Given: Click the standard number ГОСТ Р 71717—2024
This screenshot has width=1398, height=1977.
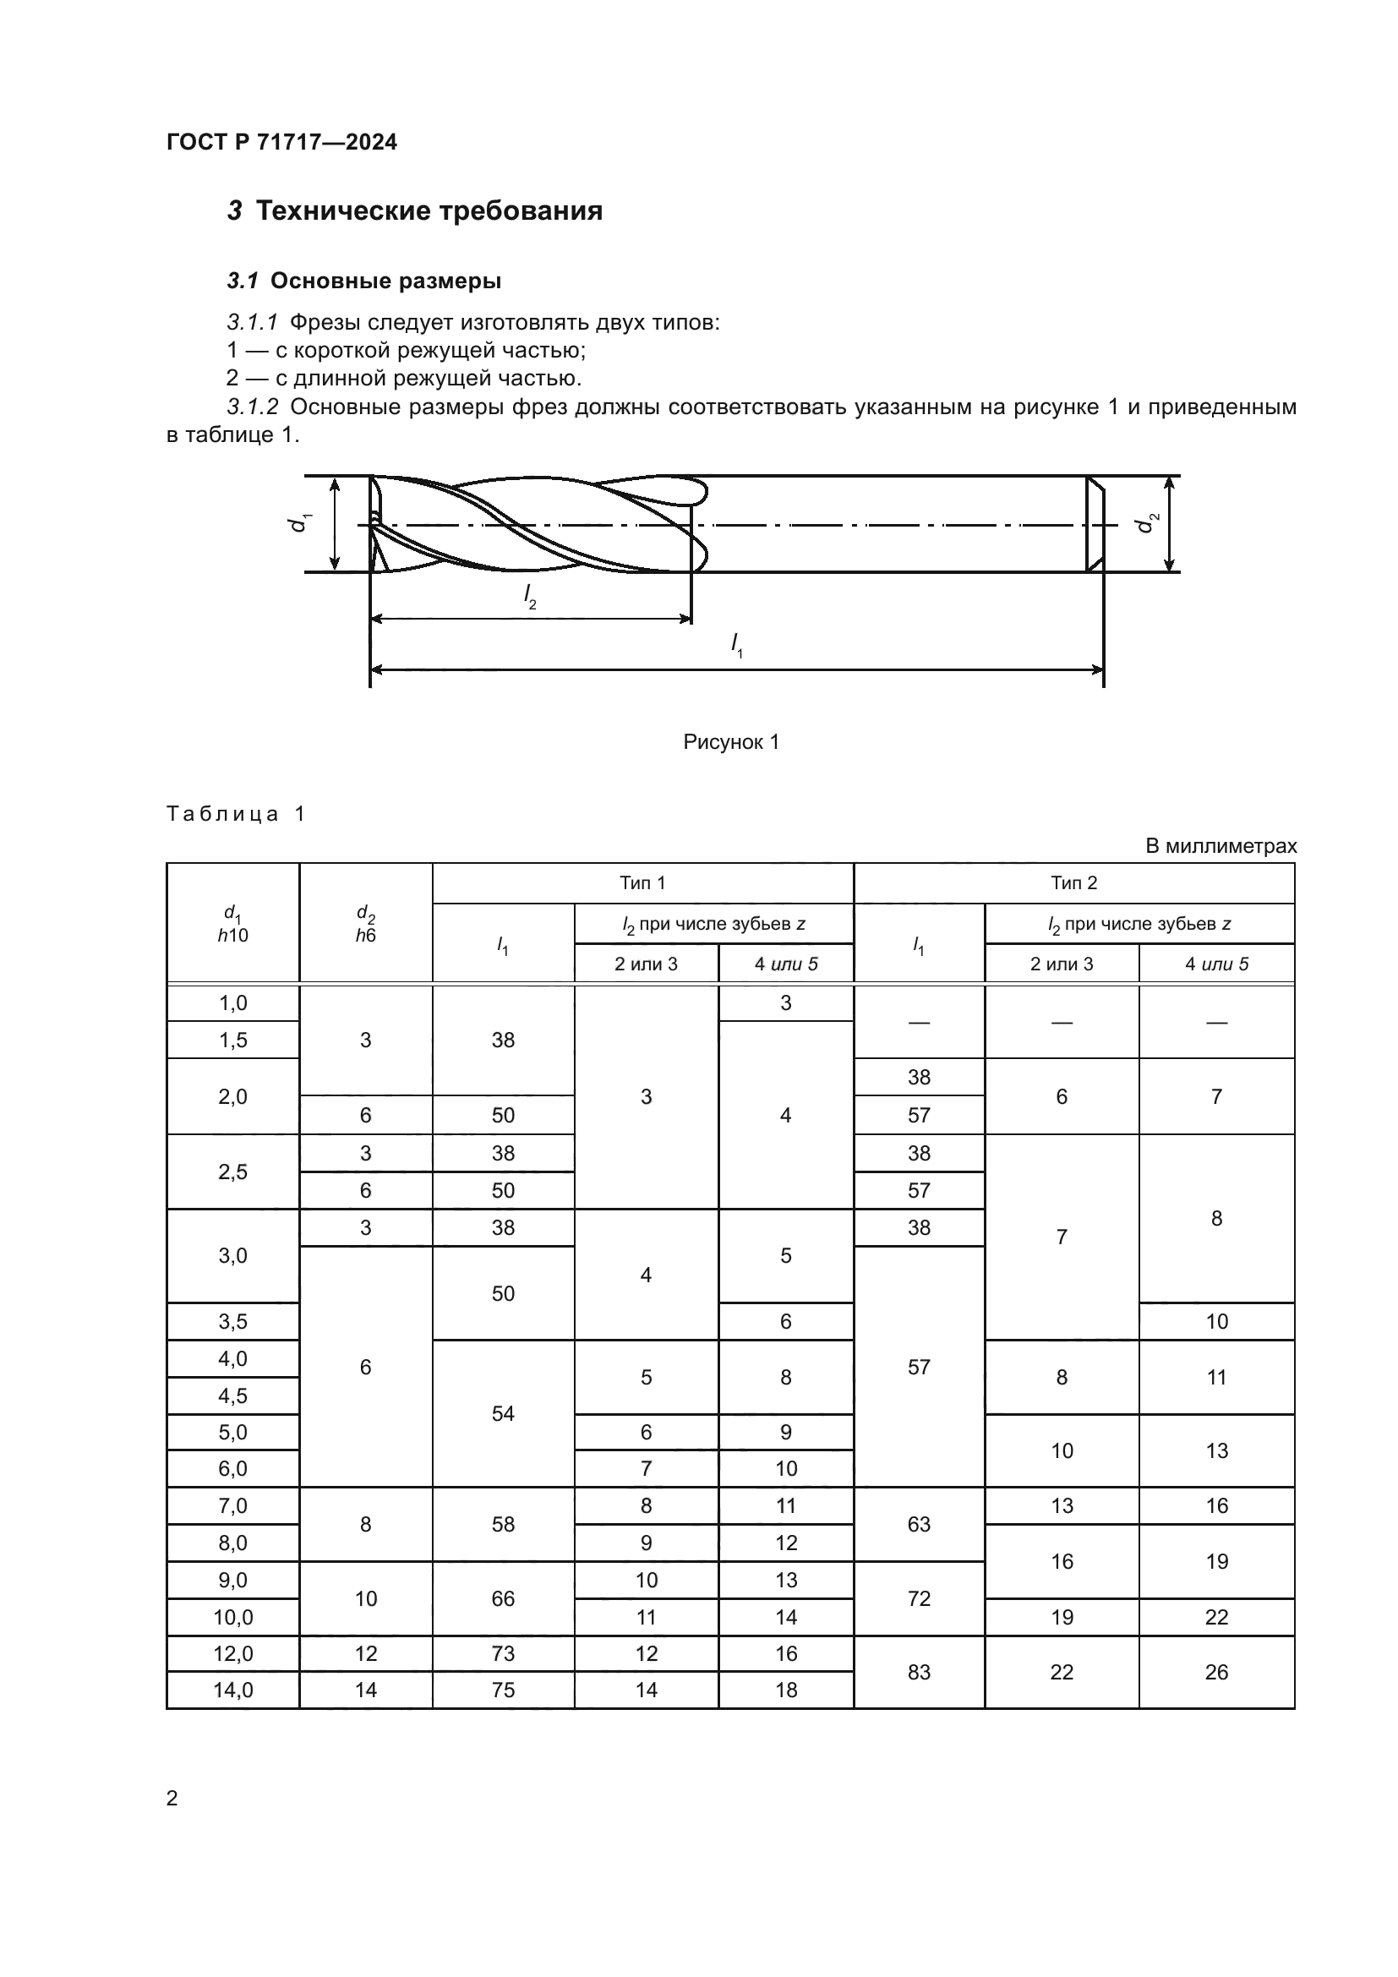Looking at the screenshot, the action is (x=281, y=142).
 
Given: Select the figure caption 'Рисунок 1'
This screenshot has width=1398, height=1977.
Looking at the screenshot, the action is (x=731, y=742).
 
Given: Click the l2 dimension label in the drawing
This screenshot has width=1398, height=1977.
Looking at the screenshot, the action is (x=530, y=597).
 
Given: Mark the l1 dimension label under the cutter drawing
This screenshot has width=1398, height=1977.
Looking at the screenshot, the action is (x=737, y=645).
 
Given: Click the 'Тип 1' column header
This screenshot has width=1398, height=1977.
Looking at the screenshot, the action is (x=642, y=882).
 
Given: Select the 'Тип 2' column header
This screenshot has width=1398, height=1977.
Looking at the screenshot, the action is (x=1073, y=882).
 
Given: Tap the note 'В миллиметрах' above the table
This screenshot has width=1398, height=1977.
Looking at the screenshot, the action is (x=1221, y=845).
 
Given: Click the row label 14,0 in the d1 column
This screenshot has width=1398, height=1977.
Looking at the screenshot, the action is (x=232, y=1690).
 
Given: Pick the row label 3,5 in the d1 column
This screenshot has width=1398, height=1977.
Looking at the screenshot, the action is (x=232, y=1322).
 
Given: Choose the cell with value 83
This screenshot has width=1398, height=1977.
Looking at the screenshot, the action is (x=919, y=1672).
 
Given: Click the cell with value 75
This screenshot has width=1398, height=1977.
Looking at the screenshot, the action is (x=503, y=1690).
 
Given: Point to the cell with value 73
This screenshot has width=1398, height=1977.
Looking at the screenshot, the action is (x=503, y=1653).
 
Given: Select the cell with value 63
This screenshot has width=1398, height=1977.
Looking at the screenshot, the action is (x=919, y=1525).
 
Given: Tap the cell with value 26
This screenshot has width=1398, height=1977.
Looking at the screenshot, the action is (x=1216, y=1672).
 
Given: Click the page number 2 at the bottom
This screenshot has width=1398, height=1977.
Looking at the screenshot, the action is (x=172, y=1798).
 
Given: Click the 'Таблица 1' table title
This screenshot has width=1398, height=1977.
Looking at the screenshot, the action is (x=235, y=814).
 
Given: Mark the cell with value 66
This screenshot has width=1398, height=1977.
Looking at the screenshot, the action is (x=503, y=1599).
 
